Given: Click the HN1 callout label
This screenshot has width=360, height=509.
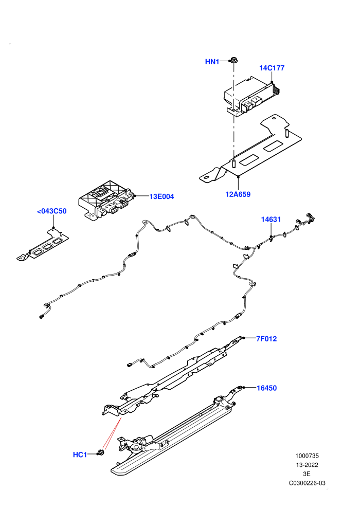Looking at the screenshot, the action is [x=212, y=62].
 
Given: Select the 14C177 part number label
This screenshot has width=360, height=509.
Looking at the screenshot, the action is [x=272, y=68].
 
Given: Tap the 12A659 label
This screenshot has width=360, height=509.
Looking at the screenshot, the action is [x=238, y=194].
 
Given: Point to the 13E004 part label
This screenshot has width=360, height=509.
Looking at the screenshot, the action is [x=161, y=196].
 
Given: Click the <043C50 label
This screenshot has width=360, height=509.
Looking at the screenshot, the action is [x=52, y=211].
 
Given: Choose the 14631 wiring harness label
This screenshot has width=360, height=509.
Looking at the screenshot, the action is [x=271, y=220].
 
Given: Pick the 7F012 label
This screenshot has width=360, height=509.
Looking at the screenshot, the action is [x=266, y=339].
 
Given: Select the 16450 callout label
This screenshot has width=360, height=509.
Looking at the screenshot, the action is [x=267, y=388].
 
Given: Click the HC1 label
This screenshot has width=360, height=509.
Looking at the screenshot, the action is [x=80, y=455].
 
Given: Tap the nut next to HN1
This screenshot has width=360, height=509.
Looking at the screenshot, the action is [x=232, y=60].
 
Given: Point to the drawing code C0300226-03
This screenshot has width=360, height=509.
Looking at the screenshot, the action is [x=307, y=483].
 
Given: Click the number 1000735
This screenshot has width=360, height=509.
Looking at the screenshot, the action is [x=307, y=456].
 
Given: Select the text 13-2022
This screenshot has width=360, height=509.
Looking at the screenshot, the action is [x=307, y=465].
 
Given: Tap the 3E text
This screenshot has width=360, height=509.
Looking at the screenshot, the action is [x=307, y=474].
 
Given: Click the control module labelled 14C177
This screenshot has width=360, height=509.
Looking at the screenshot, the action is [x=252, y=97].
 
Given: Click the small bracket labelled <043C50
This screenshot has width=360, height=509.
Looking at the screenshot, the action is [x=43, y=244].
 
